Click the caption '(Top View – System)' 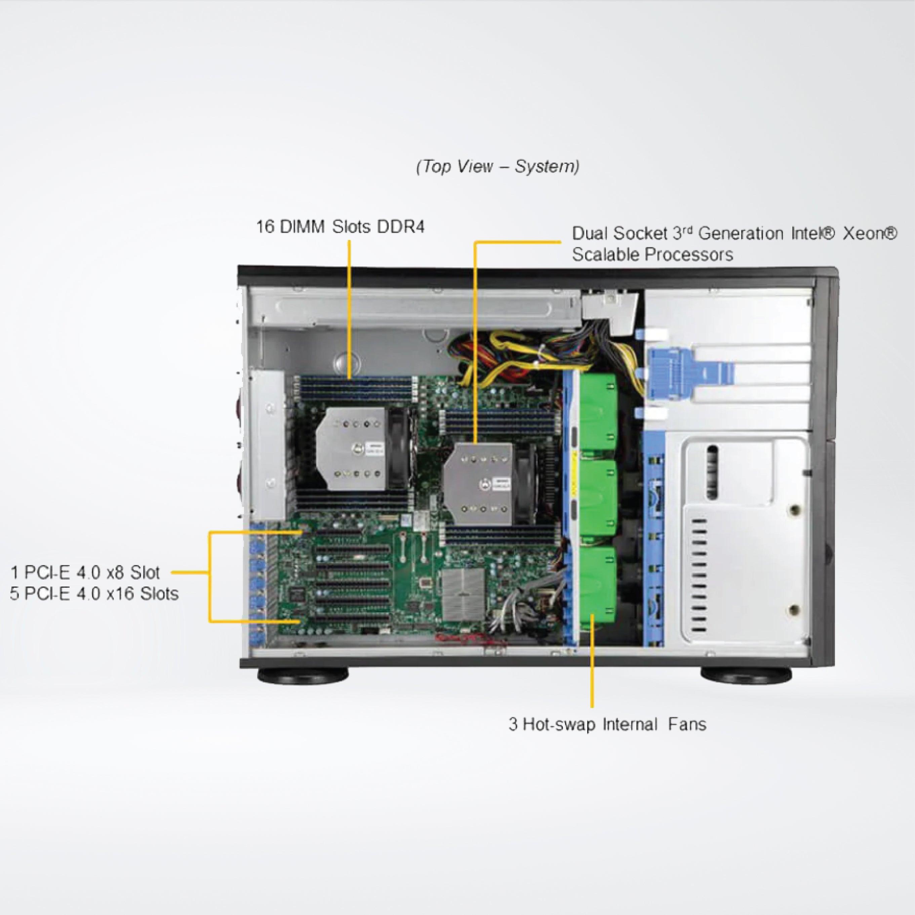[x=497, y=167]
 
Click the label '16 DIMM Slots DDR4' [x=340, y=227]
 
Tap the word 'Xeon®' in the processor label [x=870, y=234]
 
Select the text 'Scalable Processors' [x=652, y=255]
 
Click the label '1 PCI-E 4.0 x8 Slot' [x=85, y=572]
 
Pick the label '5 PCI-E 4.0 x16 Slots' [x=94, y=593]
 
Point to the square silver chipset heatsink [x=463, y=589]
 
